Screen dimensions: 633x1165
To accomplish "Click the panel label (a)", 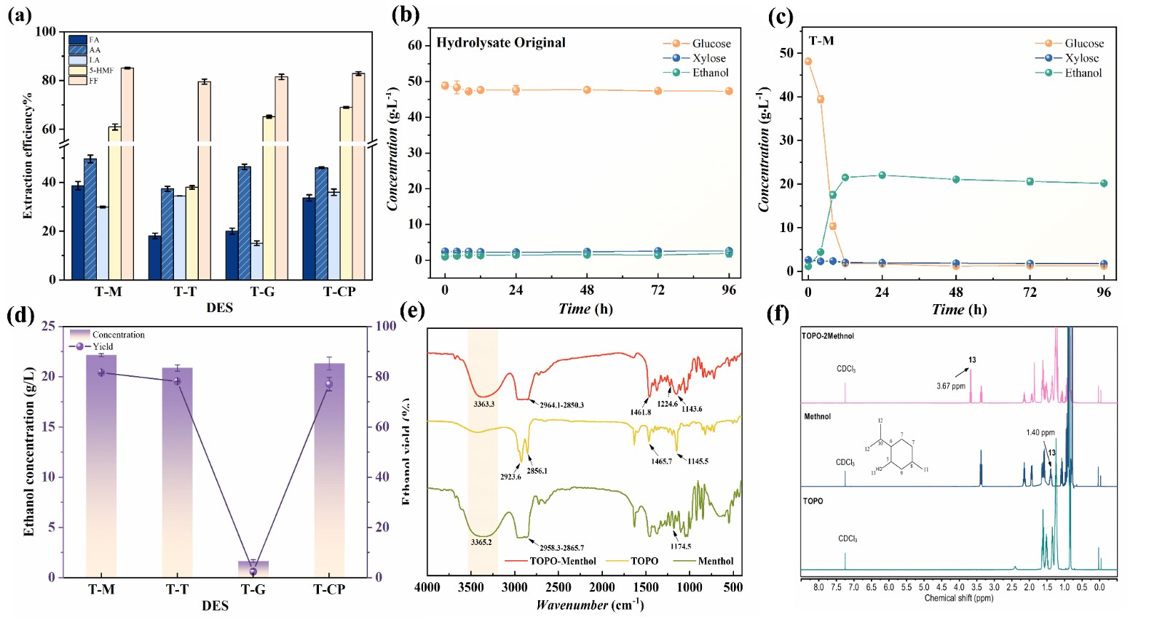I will pyautogui.click(x=20, y=15).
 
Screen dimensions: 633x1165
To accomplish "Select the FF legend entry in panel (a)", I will pyautogui.click(x=94, y=81).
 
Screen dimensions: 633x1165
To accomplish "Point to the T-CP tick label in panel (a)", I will pyautogui.click(x=339, y=292).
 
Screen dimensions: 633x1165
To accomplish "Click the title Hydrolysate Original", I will pyautogui.click(x=501, y=43).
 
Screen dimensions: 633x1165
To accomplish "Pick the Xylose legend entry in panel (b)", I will pyautogui.click(x=708, y=58).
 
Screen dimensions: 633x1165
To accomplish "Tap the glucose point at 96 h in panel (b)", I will pyautogui.click(x=729, y=92).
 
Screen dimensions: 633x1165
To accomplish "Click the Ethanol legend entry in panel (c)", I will pyautogui.click(x=1083, y=73).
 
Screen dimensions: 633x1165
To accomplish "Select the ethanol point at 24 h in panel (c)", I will pyautogui.click(x=882, y=175).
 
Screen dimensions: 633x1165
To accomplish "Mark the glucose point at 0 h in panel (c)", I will pyautogui.click(x=808, y=62).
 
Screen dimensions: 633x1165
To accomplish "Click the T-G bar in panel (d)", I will pyautogui.click(x=253, y=568).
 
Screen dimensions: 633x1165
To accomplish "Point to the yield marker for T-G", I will pyautogui.click(x=253, y=572).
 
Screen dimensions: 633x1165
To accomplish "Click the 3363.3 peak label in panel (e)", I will pyautogui.click(x=483, y=404).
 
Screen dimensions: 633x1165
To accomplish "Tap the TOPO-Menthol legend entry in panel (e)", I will pyautogui.click(x=562, y=561).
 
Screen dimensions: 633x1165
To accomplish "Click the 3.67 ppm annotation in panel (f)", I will pyautogui.click(x=951, y=386).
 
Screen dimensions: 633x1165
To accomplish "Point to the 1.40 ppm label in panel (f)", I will pyautogui.click(x=1040, y=433).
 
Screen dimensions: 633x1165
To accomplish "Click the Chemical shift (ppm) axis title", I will pyautogui.click(x=958, y=599).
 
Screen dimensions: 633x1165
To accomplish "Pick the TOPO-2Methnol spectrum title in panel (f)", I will pyautogui.click(x=828, y=336).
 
